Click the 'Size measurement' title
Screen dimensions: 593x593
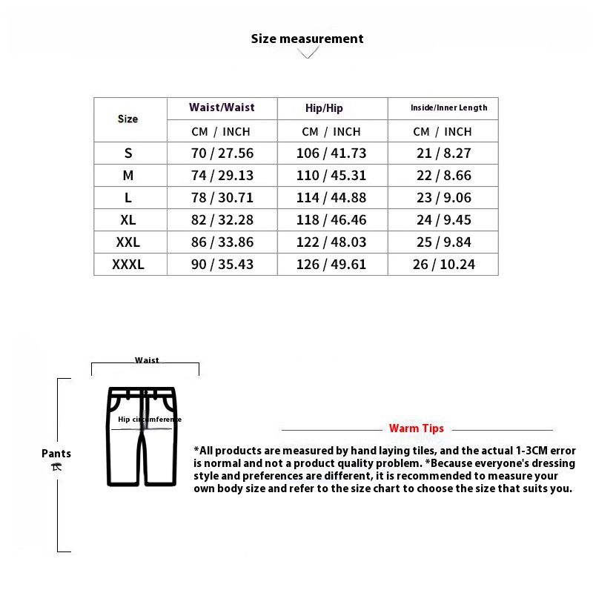pos(307,39)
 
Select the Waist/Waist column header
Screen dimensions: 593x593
pos(222,107)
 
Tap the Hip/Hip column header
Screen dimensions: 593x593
pos(324,108)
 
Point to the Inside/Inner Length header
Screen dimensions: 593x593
pos(448,108)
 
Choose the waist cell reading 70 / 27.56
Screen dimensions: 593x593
pos(222,153)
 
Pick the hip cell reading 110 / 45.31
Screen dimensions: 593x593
pos(331,176)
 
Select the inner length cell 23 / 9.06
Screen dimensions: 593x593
pos(443,198)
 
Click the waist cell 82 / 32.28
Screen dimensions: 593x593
pos(222,220)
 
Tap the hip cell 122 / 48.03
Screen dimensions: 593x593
pos(331,242)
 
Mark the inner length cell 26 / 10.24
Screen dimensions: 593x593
pos(443,265)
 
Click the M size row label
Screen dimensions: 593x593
pos(128,176)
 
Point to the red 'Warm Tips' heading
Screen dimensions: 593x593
pos(416,428)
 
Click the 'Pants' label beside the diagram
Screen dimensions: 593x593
pos(56,454)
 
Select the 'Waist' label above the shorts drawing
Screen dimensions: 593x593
pos(147,361)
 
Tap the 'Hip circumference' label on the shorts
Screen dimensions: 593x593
pos(149,420)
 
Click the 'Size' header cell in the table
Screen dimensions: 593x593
pos(127,119)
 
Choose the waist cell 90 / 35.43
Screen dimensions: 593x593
pos(222,265)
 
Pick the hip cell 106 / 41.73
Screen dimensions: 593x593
pos(331,153)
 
